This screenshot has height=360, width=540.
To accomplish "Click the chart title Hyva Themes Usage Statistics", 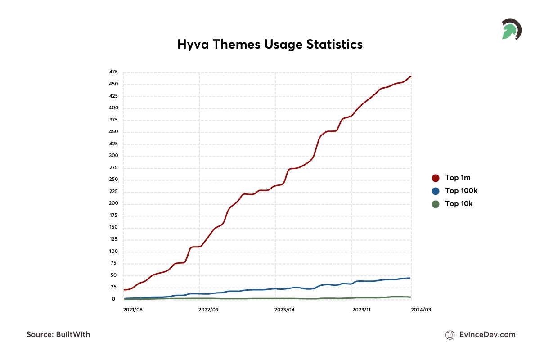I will pos(270,44).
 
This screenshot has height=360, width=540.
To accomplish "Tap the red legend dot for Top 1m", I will pos(435,178).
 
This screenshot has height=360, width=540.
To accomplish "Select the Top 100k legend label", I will pos(461,191).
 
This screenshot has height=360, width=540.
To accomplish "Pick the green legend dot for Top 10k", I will pos(435,204).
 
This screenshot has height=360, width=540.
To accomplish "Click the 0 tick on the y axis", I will pos(114,299).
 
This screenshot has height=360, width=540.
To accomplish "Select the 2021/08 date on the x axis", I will pos(133,310).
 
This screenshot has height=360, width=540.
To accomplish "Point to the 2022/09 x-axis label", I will pos(208,310).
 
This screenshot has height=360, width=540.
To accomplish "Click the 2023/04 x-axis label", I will pos(284,310).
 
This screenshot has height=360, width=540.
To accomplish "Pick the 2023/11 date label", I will pos(361,310).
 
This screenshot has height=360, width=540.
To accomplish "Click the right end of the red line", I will pos(410,76).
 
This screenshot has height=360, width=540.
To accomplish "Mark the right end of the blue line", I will pos(409,278).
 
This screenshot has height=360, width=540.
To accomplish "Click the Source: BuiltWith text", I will pos(58,334).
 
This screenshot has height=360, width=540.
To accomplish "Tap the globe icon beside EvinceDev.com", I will pos(450,335).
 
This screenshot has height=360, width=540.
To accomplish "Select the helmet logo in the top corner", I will pos(511,30).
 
